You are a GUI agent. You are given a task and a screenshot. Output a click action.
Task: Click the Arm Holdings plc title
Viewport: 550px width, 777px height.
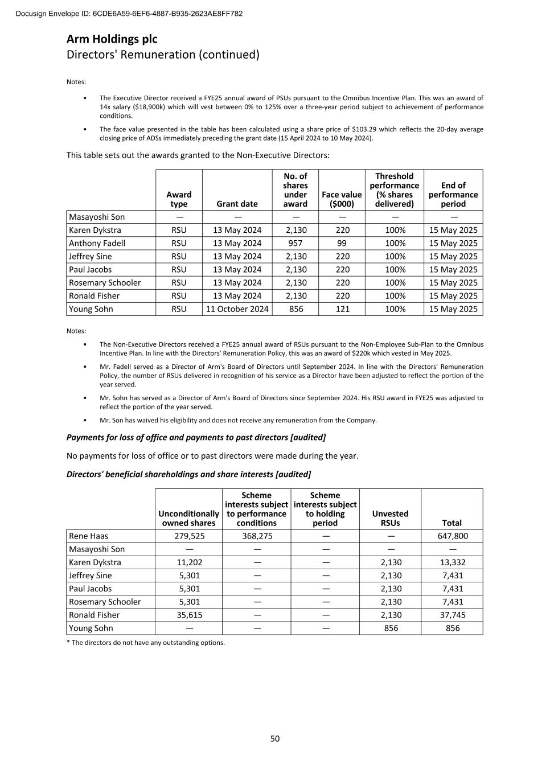112,39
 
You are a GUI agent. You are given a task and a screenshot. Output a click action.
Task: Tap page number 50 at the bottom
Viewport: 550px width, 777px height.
275,738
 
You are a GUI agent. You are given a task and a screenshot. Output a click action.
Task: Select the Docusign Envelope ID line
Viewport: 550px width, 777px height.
129,13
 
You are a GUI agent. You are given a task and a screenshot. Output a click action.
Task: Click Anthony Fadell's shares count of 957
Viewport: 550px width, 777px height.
295,243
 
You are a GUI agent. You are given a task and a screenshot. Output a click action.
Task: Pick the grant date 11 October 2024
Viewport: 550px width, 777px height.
237,309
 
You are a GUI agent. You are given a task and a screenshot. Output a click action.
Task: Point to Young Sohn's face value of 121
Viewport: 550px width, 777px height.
342,309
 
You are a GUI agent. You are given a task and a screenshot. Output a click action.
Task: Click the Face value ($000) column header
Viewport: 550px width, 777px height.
342,199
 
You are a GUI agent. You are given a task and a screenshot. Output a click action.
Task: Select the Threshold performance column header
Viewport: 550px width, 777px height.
394,190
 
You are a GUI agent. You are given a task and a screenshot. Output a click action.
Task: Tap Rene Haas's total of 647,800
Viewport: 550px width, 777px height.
453,536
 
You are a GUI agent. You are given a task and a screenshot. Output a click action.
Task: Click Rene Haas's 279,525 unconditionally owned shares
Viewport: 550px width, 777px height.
189,536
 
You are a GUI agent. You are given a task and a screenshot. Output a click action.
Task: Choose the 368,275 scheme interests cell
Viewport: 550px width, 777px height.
256,536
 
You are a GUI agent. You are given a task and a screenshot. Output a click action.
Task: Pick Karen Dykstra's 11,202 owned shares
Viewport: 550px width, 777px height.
189,562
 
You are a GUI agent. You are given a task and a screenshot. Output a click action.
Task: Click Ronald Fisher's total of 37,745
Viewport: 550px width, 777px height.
453,615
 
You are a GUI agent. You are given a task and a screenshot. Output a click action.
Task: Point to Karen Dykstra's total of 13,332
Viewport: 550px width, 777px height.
453,562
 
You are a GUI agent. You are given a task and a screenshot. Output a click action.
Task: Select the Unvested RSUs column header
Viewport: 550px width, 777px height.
390,518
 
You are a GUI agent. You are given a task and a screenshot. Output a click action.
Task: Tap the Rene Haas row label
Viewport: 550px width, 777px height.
88,536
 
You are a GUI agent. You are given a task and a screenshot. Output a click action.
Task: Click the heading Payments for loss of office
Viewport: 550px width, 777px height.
196,437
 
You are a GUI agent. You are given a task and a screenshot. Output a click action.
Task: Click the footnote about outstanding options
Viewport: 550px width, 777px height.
146,643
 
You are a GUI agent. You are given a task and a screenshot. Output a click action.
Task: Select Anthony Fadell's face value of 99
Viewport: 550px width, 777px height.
342,243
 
